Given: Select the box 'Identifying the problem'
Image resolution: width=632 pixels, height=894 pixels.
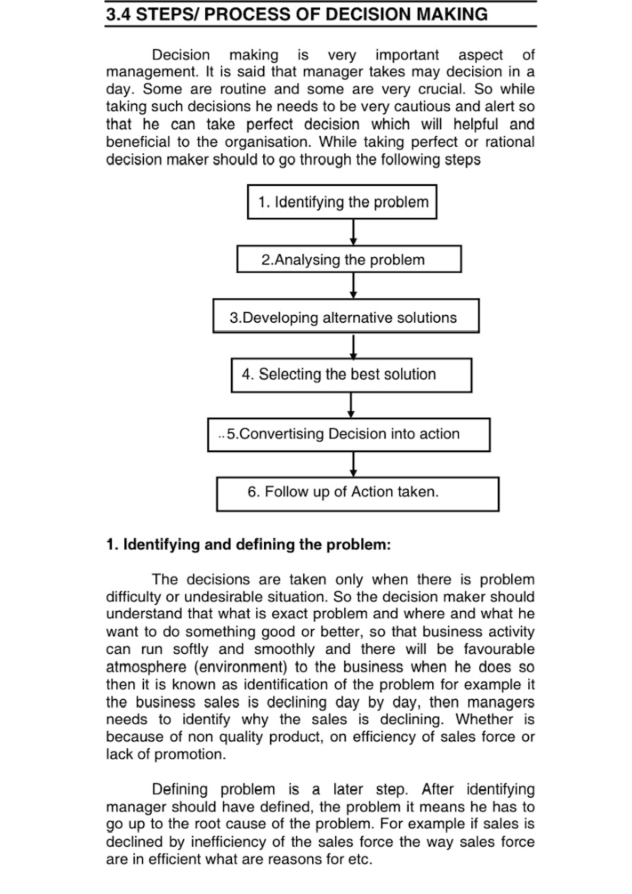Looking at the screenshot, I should tap(342, 202).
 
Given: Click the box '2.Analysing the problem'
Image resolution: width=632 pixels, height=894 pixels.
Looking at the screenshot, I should tap(349, 260).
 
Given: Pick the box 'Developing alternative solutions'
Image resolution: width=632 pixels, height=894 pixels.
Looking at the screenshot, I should tap(346, 317).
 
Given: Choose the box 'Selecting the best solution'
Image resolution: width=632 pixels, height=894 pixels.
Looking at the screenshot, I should tap(351, 375).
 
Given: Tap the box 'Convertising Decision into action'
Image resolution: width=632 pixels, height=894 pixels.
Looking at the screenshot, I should tap(349, 434).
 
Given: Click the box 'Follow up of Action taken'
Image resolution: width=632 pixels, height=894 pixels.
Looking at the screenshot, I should tap(357, 493).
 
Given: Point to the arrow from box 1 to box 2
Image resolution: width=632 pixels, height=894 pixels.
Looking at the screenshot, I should tap(353, 232).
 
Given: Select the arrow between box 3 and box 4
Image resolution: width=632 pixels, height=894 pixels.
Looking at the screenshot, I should tap(354, 346).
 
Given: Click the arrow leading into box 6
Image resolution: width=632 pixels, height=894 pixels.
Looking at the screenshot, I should tap(354, 464).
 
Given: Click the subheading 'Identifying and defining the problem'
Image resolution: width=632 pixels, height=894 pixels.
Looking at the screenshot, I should tap(248, 544).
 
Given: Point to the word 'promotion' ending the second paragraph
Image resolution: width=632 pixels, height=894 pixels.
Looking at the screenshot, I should tap(190, 754).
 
